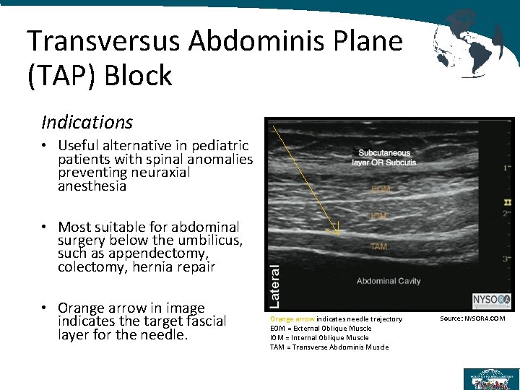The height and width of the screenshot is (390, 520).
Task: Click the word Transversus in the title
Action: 105,41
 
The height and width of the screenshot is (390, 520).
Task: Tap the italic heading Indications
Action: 87,122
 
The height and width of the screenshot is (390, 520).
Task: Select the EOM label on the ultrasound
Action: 382,189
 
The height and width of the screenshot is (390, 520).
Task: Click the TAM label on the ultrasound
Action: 378,247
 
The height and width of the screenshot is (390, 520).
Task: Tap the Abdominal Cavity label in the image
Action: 389,281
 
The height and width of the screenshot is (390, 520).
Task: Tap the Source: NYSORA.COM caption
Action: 472,318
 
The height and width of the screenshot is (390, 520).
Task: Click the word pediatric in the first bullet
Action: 216,146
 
